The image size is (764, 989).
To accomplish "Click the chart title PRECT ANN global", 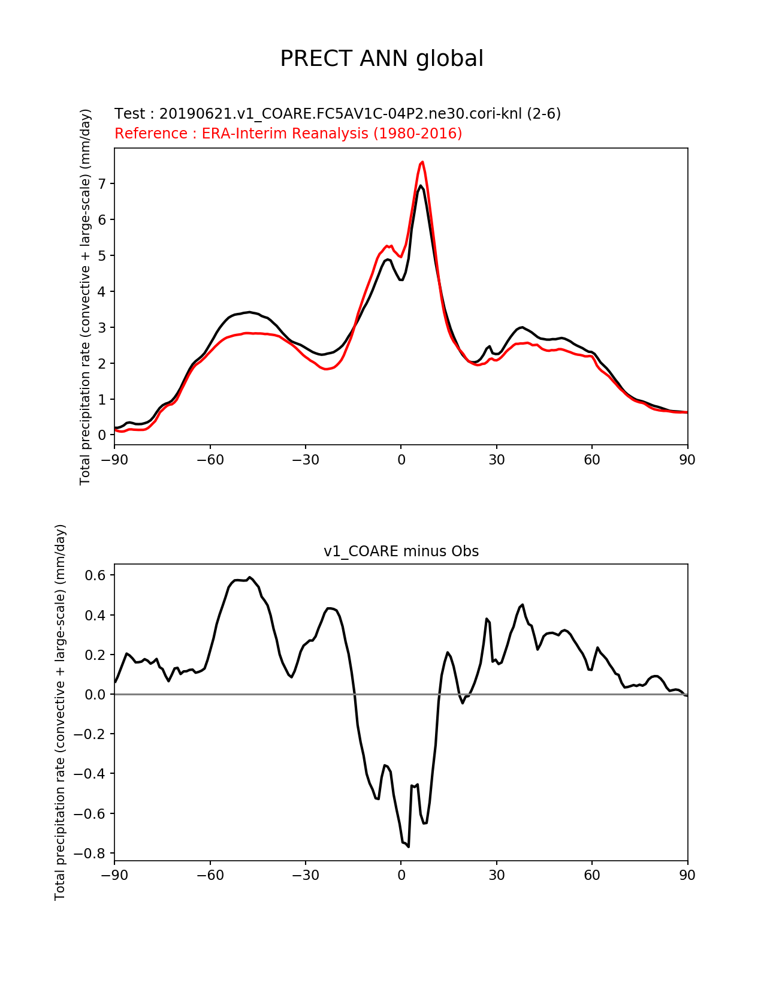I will [x=382, y=59].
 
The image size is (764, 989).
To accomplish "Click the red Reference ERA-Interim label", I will [x=288, y=133].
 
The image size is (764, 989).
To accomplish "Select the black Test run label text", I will [x=337, y=114].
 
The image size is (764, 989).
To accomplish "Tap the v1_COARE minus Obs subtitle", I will [x=401, y=551].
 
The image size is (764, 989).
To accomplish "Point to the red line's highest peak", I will [x=422, y=162].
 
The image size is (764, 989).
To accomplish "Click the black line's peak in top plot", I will [x=421, y=186].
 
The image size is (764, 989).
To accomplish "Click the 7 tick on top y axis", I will [x=102, y=183].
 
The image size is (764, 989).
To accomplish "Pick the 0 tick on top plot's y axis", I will [x=102, y=435].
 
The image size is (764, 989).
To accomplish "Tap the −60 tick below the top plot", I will [x=210, y=460].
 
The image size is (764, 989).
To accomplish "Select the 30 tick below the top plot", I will [x=496, y=460].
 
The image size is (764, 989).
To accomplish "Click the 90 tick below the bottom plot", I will [x=687, y=875].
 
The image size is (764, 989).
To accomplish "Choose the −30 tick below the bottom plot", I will [x=305, y=875].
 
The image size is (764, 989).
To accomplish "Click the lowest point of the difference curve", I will [x=408, y=846].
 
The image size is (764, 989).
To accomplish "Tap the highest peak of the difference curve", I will [x=250, y=577].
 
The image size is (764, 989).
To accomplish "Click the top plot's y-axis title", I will [x=86, y=297].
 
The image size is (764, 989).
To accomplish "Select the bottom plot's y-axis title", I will [x=60, y=712].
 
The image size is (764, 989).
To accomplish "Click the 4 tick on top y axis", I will [x=102, y=291].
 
